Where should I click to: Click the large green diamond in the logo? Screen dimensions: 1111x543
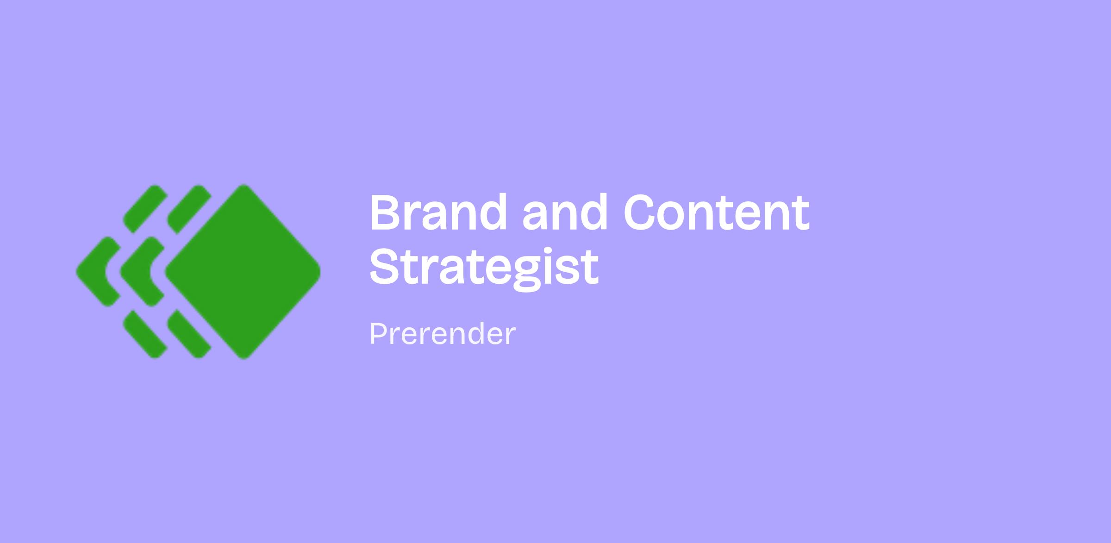point(243,272)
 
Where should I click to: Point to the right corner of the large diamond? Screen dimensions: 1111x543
point(320,272)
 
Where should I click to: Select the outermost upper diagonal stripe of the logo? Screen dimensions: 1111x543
point(145,209)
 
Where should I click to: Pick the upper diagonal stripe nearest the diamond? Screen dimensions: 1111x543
point(189,209)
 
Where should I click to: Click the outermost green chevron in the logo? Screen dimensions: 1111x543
point(99,272)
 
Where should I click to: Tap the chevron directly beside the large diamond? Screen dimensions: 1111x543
point(143,272)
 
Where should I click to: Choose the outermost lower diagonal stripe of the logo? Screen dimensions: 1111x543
point(145,334)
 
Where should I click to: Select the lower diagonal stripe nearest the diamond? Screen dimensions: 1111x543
point(189,334)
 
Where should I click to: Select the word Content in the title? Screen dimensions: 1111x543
point(717,212)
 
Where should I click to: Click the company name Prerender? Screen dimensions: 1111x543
point(443,334)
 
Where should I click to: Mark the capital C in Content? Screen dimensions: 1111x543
point(641,212)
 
